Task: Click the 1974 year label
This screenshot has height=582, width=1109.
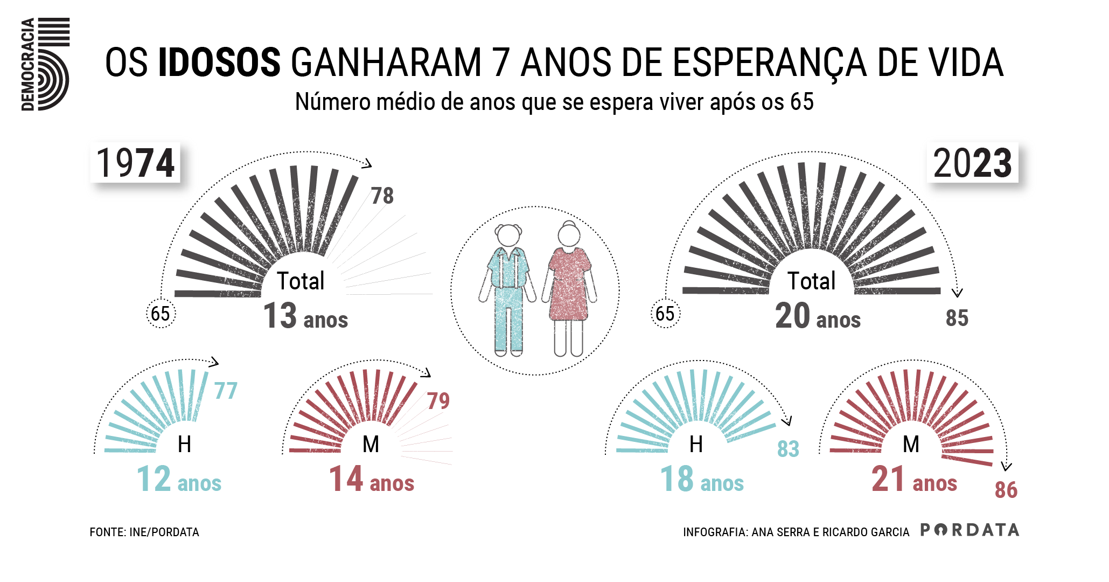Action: [135, 163]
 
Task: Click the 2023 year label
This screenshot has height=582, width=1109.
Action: [972, 163]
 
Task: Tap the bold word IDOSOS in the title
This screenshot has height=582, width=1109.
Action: [219, 63]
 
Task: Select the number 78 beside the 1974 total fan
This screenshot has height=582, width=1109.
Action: [382, 196]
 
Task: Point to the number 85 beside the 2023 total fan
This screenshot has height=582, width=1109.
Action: [957, 318]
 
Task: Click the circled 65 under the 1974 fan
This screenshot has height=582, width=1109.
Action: [161, 314]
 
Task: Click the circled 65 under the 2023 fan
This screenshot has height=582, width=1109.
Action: [665, 314]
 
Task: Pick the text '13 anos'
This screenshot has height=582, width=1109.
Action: [305, 317]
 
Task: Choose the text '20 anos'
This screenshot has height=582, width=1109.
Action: [818, 317]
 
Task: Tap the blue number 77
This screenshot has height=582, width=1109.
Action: [226, 391]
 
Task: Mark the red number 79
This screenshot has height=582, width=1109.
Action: [438, 401]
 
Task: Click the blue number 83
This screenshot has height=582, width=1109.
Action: [788, 449]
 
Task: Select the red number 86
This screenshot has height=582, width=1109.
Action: [1006, 490]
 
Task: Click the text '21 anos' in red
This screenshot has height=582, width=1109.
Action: [914, 480]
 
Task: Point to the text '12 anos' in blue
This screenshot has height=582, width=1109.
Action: [179, 480]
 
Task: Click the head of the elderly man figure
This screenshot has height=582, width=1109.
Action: [508, 236]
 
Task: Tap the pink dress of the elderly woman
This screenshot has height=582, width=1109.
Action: [569, 286]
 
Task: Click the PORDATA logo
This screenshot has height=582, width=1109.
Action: [969, 530]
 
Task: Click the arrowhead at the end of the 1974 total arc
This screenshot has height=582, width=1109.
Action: [368, 164]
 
